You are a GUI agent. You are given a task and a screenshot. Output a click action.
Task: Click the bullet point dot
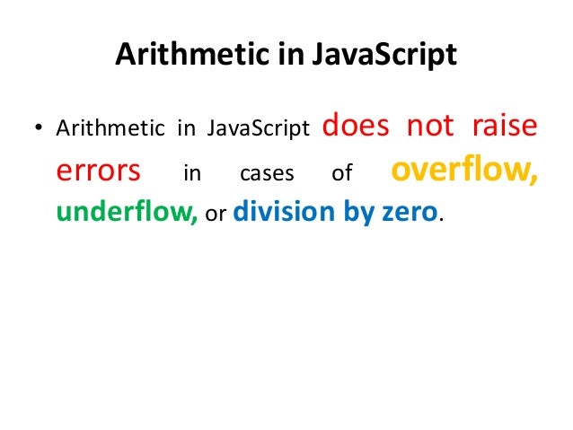coord(38,129)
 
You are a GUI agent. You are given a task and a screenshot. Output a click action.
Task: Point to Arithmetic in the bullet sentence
coord(110,129)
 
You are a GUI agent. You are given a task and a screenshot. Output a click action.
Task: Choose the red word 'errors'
coord(98,171)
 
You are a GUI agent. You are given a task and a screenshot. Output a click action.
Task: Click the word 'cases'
coord(269,173)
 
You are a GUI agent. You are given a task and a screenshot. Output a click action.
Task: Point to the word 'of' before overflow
coord(342,173)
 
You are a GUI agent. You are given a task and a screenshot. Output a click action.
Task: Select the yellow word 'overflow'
coord(463,171)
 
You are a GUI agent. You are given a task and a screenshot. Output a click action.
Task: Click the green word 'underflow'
coord(127,214)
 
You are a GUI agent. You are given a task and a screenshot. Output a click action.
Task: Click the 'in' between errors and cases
coord(192,173)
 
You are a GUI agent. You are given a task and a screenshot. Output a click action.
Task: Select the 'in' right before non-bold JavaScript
coord(187,129)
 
